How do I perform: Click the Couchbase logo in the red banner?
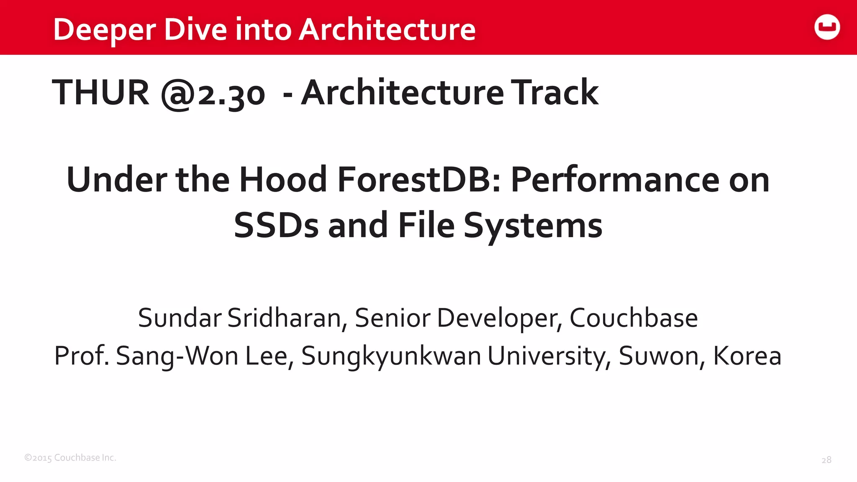point(827,27)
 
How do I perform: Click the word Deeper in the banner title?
point(104,30)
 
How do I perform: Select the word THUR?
point(100,92)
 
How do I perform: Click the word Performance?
point(615,180)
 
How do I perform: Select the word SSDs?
point(276,226)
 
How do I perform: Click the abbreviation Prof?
point(82,356)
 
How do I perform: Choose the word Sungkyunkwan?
point(391,357)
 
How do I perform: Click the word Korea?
point(747,356)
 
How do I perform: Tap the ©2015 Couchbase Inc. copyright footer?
point(70,458)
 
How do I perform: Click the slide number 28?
point(826,460)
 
